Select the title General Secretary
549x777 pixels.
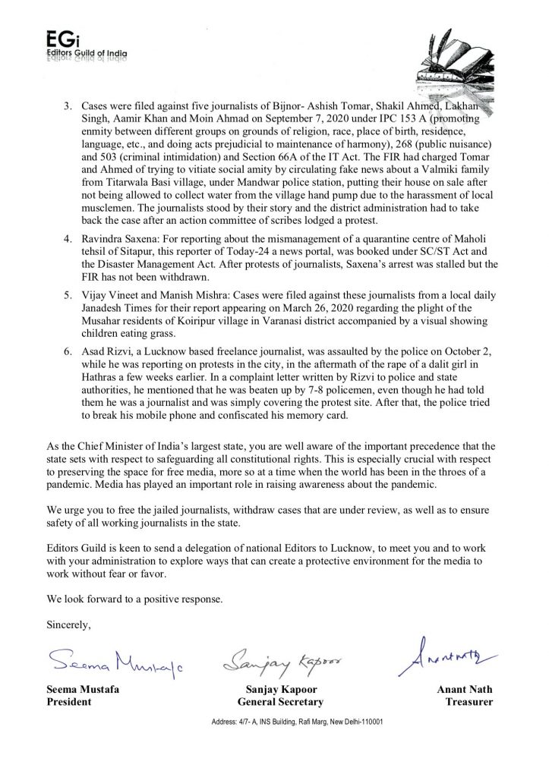point(273,703)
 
